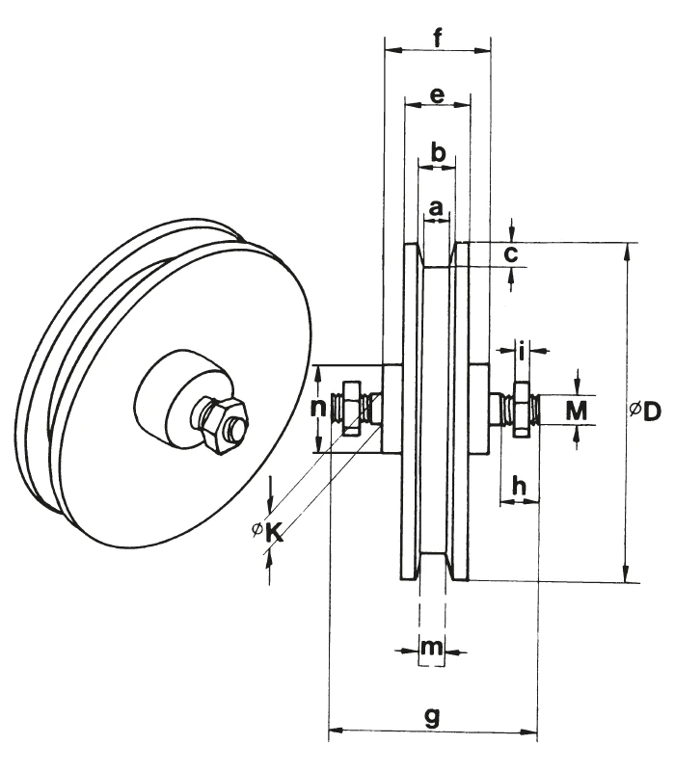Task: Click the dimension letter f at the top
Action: click(438, 39)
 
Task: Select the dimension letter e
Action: click(437, 95)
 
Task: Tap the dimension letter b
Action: click(437, 153)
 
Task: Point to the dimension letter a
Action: click(436, 206)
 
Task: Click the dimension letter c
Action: click(512, 254)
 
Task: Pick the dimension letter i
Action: click(522, 351)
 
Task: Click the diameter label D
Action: click(647, 412)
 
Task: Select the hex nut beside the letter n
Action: click(351, 409)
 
